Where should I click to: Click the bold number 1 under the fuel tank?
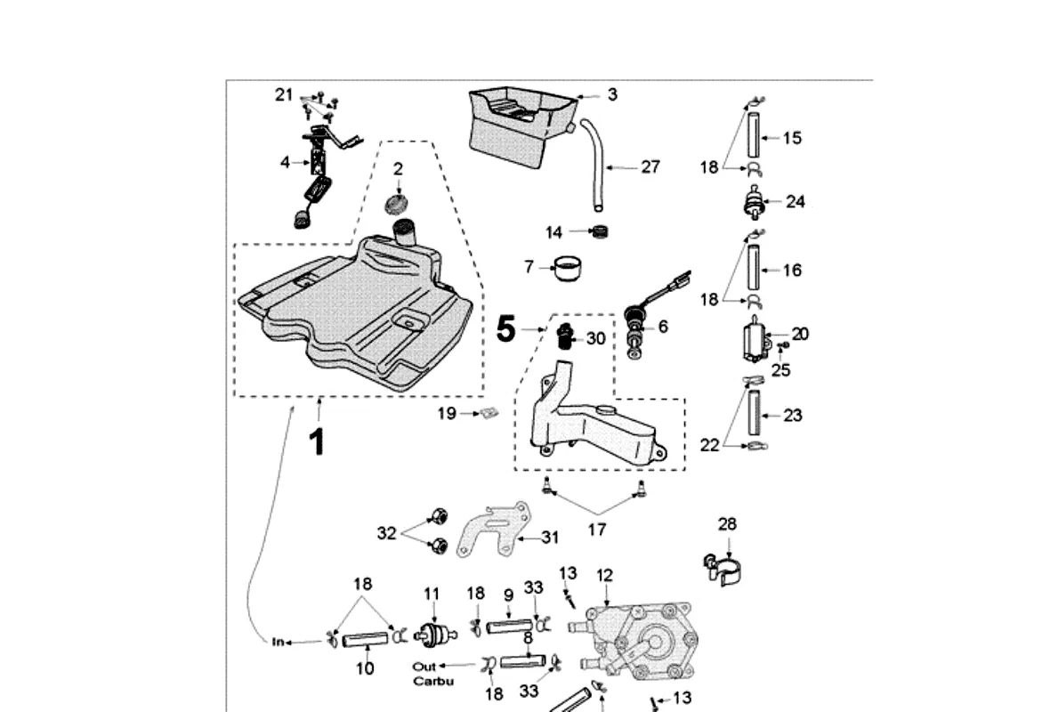click(316, 441)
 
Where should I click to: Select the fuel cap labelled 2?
click(397, 203)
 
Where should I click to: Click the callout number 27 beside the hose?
click(650, 166)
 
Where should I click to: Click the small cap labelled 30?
click(564, 337)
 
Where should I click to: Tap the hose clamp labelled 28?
click(723, 567)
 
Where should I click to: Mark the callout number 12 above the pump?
click(605, 576)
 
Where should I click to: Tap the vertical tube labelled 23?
click(754, 416)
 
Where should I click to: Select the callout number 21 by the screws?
click(284, 93)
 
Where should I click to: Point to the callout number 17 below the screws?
click(597, 530)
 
